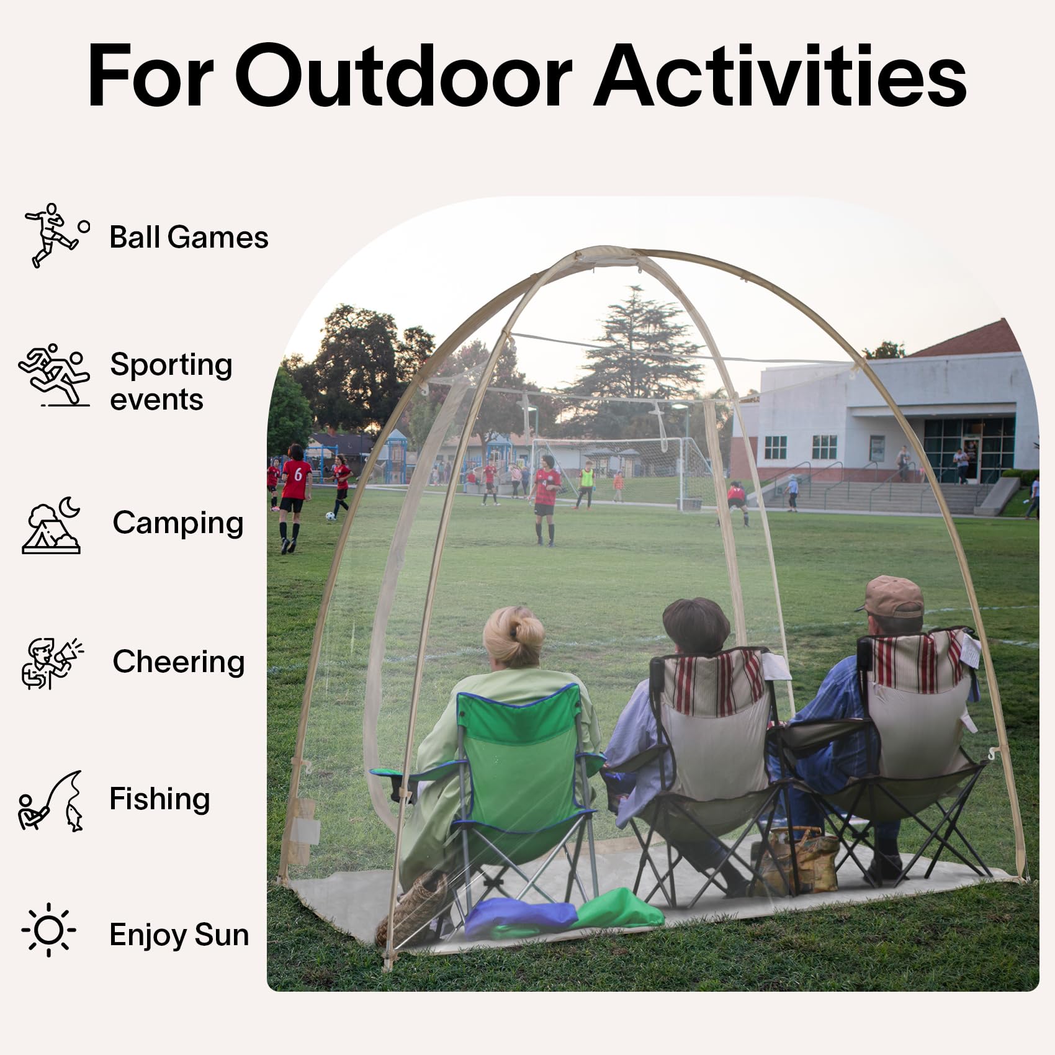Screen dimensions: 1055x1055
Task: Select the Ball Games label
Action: click(189, 237)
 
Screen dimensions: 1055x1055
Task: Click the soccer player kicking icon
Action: click(56, 235)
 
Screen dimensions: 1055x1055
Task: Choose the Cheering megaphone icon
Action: click(52, 663)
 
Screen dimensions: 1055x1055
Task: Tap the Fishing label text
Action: click(159, 799)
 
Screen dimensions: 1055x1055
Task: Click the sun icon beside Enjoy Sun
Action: click(49, 930)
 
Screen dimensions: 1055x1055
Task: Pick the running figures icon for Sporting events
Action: click(54, 375)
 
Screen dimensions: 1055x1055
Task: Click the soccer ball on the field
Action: click(330, 516)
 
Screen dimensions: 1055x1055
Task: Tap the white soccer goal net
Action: click(624, 472)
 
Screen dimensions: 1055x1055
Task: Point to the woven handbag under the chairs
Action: click(796, 860)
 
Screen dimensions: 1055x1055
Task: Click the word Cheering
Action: click(179, 662)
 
